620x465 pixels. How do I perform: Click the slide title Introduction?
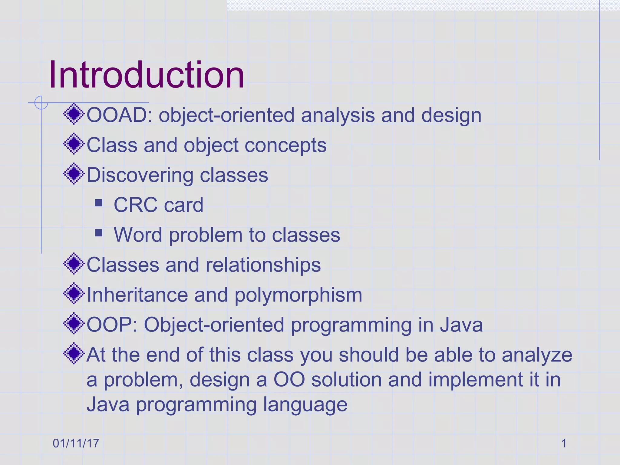point(147,75)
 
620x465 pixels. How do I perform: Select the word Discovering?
point(140,175)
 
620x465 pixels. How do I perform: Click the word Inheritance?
point(137,295)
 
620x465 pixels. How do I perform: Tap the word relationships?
point(263,265)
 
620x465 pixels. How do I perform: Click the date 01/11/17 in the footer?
point(76,443)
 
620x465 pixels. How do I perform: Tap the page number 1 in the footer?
point(564,443)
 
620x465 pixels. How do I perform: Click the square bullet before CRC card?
point(98,203)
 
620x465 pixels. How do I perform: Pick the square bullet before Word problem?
point(98,232)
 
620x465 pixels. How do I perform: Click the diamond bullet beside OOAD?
point(74,114)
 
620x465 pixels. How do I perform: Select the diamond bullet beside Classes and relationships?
point(74,264)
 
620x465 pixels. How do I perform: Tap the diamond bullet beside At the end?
point(74,353)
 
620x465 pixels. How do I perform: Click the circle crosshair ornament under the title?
point(41,103)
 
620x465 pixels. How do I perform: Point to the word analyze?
point(537,355)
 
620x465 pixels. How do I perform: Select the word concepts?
point(285,145)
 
